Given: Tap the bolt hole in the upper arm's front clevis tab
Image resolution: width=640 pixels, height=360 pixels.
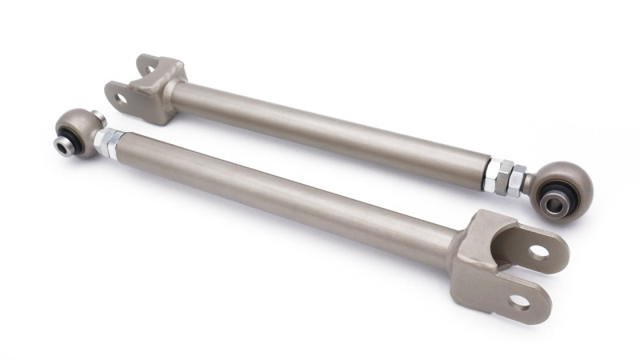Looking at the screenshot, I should click(121, 99).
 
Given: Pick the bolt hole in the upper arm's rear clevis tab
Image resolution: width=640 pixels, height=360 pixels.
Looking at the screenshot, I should click(146, 63).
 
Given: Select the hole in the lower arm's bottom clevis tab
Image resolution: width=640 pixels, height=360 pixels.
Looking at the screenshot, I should click(519, 302).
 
